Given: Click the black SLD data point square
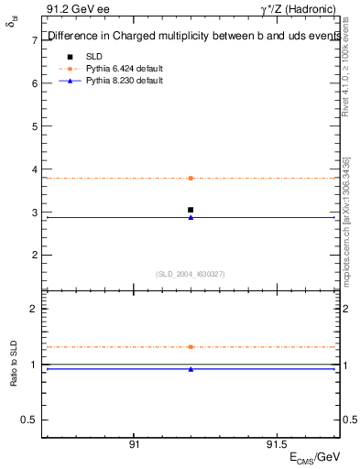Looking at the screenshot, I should [x=191, y=210].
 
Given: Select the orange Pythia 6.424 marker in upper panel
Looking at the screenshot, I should [x=191, y=178].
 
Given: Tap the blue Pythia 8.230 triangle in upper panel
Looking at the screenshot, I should [x=191, y=217].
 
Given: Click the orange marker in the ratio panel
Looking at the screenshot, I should [x=191, y=347].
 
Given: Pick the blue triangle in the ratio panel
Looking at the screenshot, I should [x=191, y=369].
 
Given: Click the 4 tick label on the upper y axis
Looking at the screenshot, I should [x=34, y=169].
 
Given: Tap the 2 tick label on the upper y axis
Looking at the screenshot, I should [x=34, y=255].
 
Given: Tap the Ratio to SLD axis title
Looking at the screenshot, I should [x=14, y=365].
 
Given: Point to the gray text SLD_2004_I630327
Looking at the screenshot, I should [x=191, y=274].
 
